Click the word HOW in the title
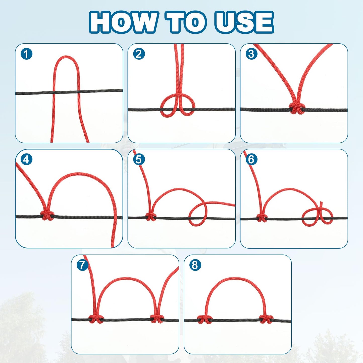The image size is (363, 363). pyautogui.click(x=123, y=22)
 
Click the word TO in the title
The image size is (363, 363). pyautogui.click(x=186, y=22)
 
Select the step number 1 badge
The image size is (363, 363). pyautogui.click(x=26, y=54)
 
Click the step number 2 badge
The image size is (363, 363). pyautogui.click(x=139, y=54)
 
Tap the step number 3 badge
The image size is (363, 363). pyautogui.click(x=251, y=54)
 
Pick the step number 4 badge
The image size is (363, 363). pyautogui.click(x=26, y=159)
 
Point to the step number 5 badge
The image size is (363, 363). pyautogui.click(x=139, y=159)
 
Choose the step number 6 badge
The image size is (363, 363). pyautogui.click(x=251, y=159)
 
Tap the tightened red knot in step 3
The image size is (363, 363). pyautogui.click(x=296, y=109)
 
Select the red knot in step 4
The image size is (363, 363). pyautogui.click(x=47, y=215)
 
